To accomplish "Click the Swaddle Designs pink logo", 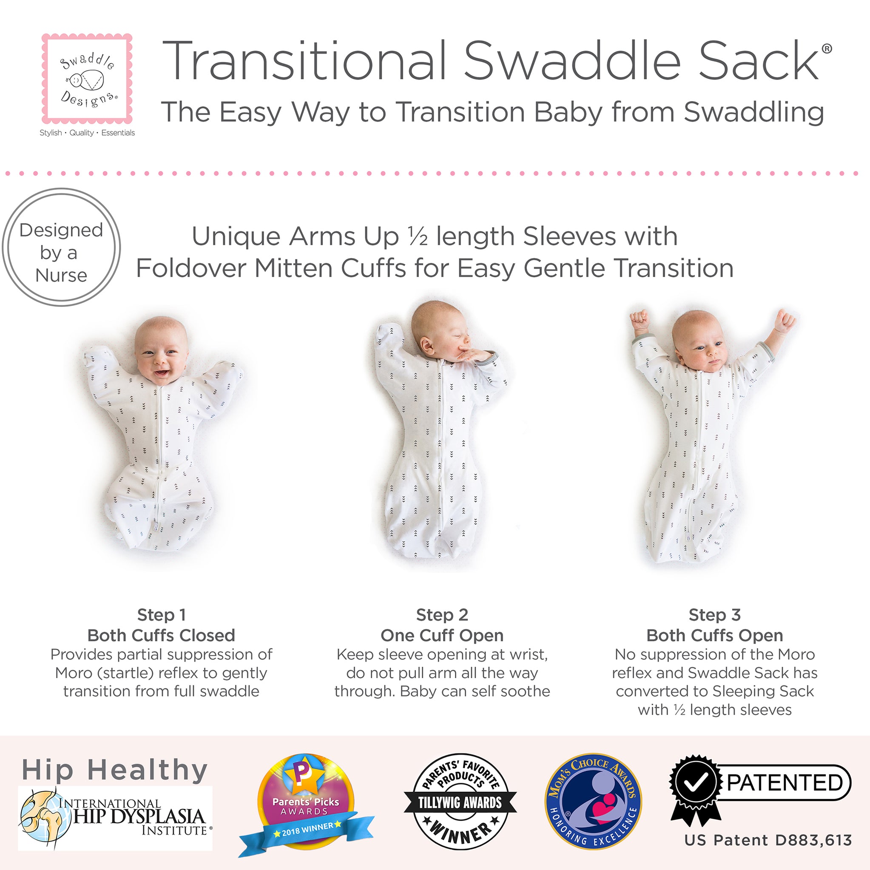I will tap(87, 79).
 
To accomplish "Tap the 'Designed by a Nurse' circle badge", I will tap(61, 247).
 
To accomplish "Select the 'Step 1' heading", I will tap(161, 615).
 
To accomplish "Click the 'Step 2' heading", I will tap(442, 615).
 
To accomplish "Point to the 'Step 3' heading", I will tap(715, 615).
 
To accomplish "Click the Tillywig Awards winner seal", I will tap(460, 802).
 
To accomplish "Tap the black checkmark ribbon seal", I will tap(695, 783).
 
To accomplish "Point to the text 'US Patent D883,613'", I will tap(768, 840).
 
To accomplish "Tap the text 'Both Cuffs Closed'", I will tap(161, 635).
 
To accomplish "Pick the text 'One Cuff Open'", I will tap(442, 635).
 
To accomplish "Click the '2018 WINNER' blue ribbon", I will tap(307, 830).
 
